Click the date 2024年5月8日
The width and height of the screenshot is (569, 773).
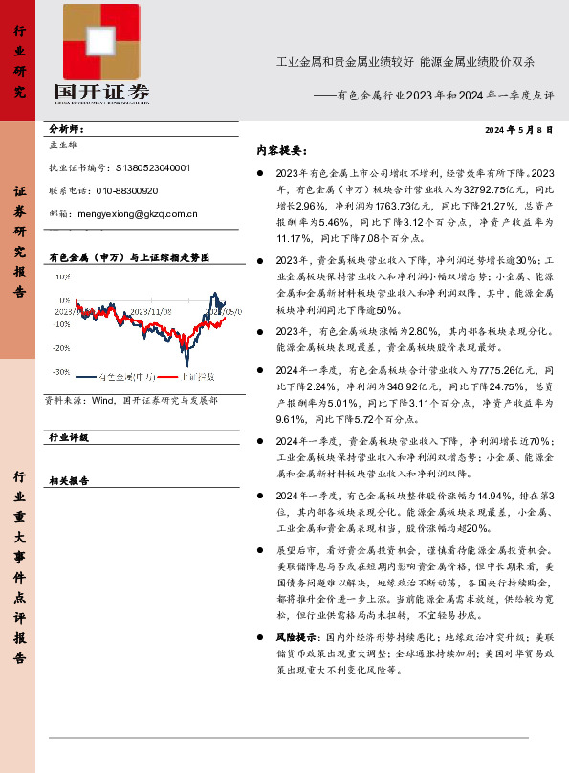pos(519,130)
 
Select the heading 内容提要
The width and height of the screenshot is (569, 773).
pos(280,151)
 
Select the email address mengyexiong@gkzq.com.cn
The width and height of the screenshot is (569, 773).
pos(138,215)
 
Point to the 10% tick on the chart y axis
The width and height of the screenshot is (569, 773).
pos(62,276)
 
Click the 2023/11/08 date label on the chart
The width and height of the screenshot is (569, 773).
pos(151,311)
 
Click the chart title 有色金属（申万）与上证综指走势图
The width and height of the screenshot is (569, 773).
pos(128,258)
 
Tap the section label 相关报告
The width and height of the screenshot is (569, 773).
pos(69,481)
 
